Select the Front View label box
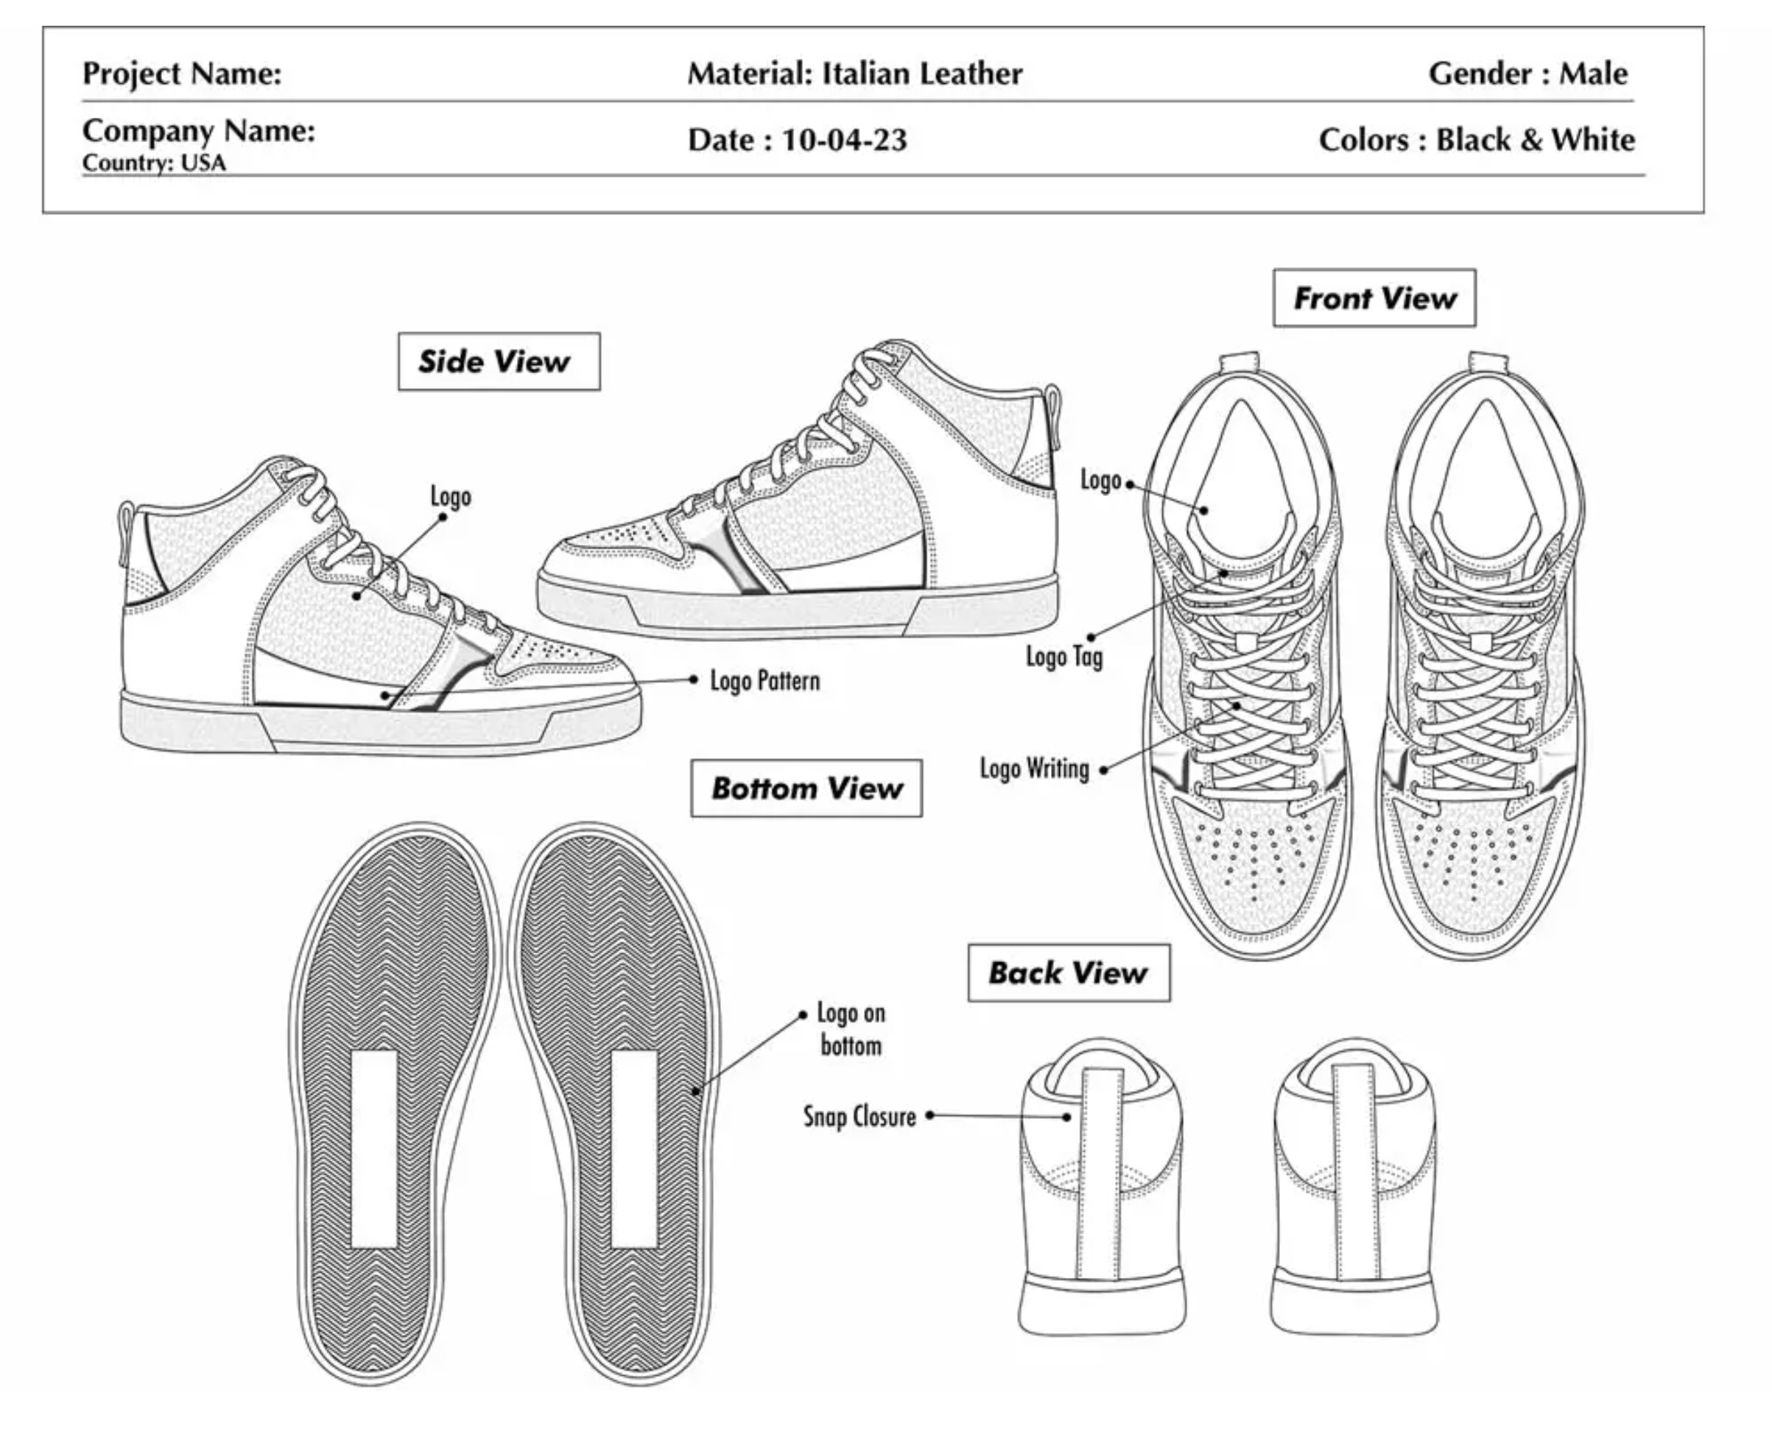1374,297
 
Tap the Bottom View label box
806,788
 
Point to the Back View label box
1068,972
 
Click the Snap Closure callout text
859,1116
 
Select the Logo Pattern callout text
764,681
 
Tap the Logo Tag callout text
1063,657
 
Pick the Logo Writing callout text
1034,768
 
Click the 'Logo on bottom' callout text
851,1029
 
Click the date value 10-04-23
843,140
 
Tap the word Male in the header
1592,74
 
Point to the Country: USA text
153,163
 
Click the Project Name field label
181,74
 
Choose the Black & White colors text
1535,140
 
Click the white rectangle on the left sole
373,1148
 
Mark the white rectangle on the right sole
634,1148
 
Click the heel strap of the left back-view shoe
1101,1170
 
